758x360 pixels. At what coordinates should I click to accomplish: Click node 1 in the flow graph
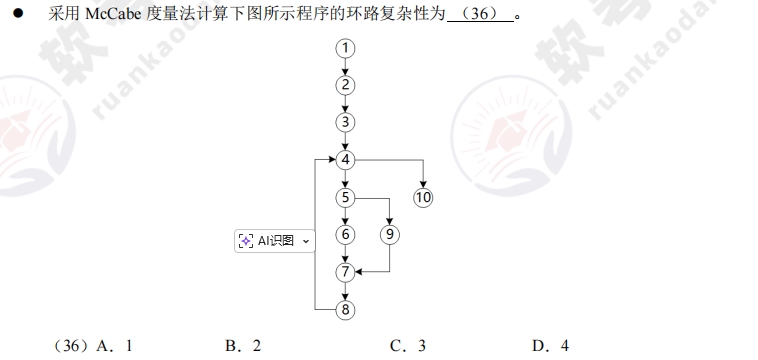pyautogui.click(x=346, y=48)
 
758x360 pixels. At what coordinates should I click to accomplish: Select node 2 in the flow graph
pyautogui.click(x=346, y=85)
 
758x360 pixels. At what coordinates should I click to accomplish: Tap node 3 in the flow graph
pyautogui.click(x=346, y=122)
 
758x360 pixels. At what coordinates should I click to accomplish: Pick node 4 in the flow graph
pyautogui.click(x=346, y=160)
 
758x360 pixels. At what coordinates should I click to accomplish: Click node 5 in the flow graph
pyautogui.click(x=346, y=197)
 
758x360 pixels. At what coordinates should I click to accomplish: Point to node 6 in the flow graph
pyautogui.click(x=346, y=234)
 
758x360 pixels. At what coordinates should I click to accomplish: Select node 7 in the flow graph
pyautogui.click(x=346, y=271)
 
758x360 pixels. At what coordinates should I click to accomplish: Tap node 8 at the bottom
pyautogui.click(x=346, y=309)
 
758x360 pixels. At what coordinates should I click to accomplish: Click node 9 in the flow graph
pyautogui.click(x=390, y=234)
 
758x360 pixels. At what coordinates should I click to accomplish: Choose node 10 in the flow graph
pyautogui.click(x=424, y=197)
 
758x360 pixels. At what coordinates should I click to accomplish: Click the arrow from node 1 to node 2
pyautogui.click(x=346, y=67)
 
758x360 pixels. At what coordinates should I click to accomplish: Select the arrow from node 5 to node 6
pyautogui.click(x=346, y=216)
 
